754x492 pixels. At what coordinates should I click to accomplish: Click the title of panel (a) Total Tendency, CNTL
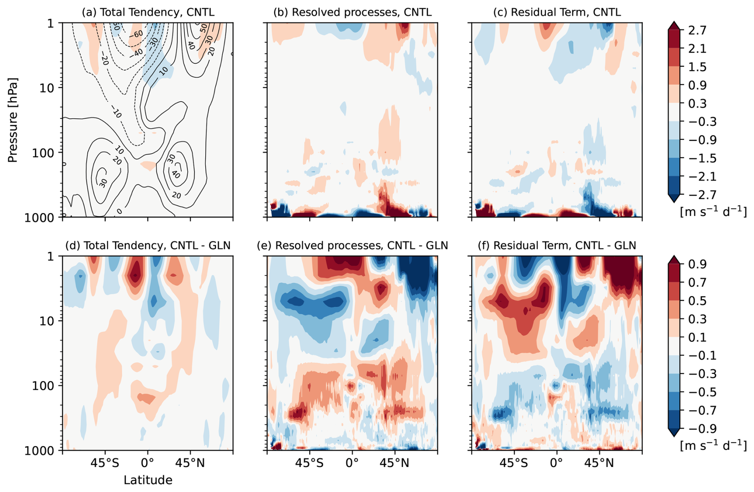(148, 12)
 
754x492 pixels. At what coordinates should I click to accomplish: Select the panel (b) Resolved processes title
(352, 12)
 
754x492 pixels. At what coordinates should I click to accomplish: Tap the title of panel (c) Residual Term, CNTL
(557, 12)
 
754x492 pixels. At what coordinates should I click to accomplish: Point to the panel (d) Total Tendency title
(148, 245)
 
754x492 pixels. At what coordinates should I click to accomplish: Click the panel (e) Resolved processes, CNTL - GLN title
(352, 245)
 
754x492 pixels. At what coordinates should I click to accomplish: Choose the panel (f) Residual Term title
(557, 245)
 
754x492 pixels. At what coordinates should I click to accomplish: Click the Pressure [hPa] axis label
(13, 120)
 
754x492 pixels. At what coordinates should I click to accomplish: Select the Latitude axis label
(148, 480)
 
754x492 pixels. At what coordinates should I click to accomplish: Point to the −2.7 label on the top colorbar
(694, 195)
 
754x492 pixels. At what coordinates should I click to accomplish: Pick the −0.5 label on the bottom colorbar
(694, 392)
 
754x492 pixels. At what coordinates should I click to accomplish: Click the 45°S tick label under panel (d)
(105, 463)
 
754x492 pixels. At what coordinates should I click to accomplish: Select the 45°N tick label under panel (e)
(395, 463)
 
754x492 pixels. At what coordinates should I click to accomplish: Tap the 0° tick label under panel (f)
(557, 463)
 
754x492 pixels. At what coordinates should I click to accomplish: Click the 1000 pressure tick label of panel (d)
(39, 451)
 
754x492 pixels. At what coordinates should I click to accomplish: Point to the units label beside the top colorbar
(713, 212)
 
